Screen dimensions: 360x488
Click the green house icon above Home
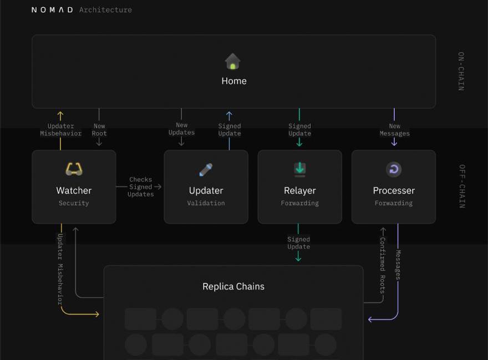coord(233,61)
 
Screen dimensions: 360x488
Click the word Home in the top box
coord(234,81)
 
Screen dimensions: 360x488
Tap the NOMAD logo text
coord(52,10)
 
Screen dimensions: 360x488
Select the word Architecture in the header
coord(105,10)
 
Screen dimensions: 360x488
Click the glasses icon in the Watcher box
coord(74,169)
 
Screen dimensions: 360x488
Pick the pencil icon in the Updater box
coord(206,170)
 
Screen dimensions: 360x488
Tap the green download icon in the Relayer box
coord(299,169)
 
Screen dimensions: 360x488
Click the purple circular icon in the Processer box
coord(394,170)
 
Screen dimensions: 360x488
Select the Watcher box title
coord(74,190)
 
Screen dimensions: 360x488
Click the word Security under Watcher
coord(74,204)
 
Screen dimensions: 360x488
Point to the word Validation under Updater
coord(206,204)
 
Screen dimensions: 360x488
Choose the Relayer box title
coord(299,190)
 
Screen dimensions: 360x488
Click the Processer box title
coord(394,190)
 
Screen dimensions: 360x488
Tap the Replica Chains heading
coord(233,287)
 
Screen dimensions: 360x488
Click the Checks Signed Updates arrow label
coord(141,187)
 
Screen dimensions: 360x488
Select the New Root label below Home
coord(99,130)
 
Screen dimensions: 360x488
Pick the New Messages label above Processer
coord(395,130)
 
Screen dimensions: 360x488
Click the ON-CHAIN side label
coord(461,71)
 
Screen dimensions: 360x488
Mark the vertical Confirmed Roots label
coord(382,265)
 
